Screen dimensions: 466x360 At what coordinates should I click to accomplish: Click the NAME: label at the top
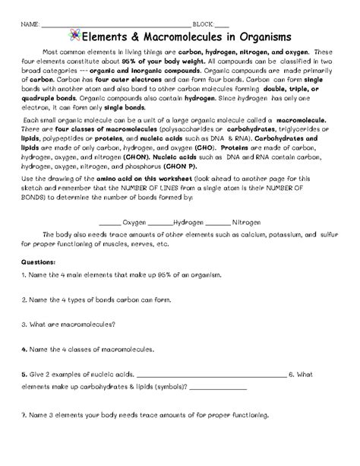click(x=30, y=24)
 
